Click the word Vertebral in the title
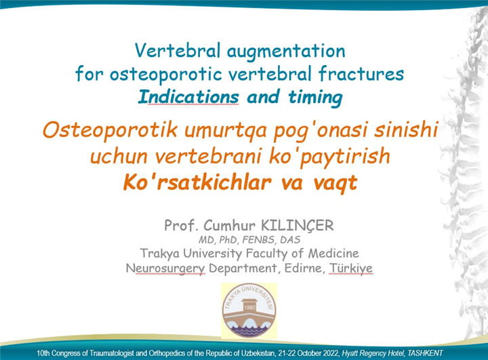[x=178, y=50]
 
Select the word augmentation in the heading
[x=286, y=52]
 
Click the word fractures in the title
[x=361, y=74]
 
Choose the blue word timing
[x=315, y=98]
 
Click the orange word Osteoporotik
[x=110, y=129]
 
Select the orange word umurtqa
[x=225, y=131]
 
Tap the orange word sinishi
[x=406, y=129]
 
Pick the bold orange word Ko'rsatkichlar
[x=197, y=182]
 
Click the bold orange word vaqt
[x=335, y=184]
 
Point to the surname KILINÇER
[x=297, y=226]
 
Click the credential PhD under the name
[x=229, y=240]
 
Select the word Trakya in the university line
[x=160, y=254]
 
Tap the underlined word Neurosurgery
[x=165, y=268]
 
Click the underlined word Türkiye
[x=351, y=268]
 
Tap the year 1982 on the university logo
[x=249, y=307]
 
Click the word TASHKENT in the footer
[x=425, y=353]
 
